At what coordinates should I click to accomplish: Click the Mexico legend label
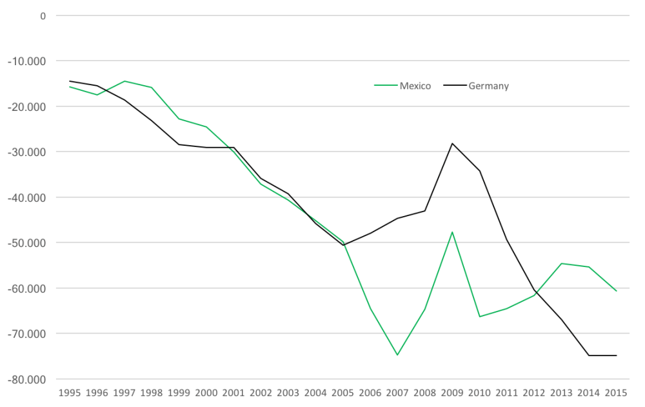[415, 86]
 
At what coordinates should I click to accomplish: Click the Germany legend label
[488, 86]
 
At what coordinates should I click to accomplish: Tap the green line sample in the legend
[385, 86]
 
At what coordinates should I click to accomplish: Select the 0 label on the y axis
[43, 15]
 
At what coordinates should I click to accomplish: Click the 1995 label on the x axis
[70, 392]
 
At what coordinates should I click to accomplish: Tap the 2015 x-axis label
[616, 392]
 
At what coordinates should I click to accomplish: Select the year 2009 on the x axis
[452, 392]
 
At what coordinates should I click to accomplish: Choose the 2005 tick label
[343, 392]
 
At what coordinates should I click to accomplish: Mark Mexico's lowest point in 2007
[397, 355]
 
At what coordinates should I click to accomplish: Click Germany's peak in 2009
[452, 143]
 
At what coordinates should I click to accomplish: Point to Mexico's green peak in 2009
[452, 232]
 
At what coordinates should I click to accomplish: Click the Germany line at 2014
[589, 355]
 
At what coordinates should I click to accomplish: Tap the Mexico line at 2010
[479, 316]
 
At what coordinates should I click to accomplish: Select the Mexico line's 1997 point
[124, 81]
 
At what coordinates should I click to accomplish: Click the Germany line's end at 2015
[616, 355]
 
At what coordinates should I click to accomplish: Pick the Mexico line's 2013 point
[562, 263]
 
